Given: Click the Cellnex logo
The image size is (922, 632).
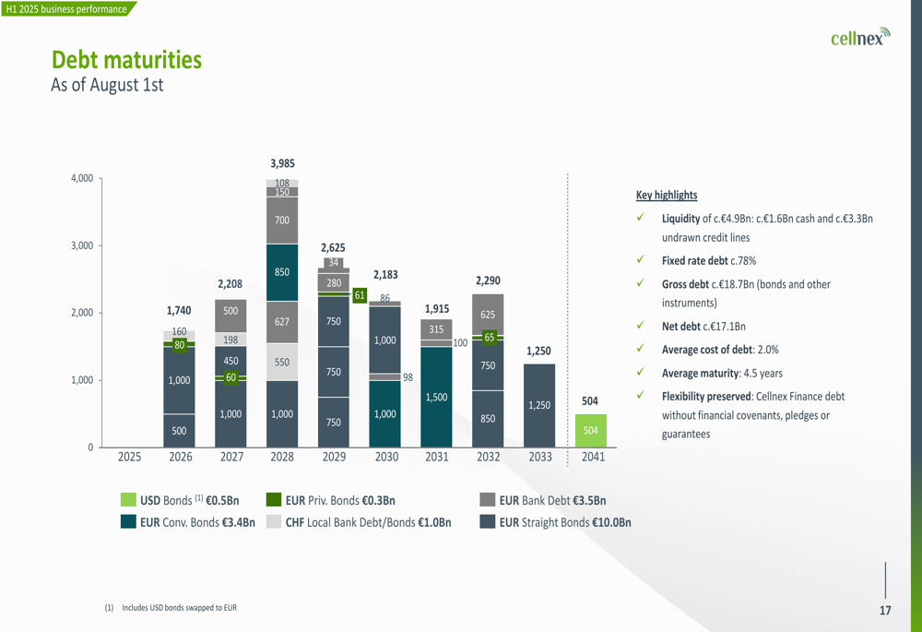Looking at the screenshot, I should (x=859, y=38).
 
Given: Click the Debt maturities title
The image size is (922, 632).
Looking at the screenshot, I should (x=126, y=60).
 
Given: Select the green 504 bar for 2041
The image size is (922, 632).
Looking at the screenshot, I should (x=590, y=431).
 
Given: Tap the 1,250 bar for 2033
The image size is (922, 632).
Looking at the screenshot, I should (x=539, y=405).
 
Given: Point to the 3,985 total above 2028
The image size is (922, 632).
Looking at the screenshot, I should (x=282, y=163).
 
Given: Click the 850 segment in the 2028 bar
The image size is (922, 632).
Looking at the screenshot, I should (x=282, y=272).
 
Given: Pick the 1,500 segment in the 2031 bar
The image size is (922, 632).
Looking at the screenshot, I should (x=436, y=397).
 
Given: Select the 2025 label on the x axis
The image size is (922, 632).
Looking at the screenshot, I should (x=129, y=457).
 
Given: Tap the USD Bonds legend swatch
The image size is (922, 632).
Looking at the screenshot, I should (x=128, y=500).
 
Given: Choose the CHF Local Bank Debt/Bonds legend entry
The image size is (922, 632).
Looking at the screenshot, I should (x=368, y=522).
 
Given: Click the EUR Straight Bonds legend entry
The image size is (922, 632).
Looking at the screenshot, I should (x=564, y=522).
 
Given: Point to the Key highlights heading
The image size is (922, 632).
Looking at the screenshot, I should (x=667, y=196).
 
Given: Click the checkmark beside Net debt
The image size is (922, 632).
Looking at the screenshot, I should (x=639, y=326).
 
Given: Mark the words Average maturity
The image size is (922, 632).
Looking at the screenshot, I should (x=702, y=373).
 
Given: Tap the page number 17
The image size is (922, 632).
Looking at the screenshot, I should (x=885, y=611).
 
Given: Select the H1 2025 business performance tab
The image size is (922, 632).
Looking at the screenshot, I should (x=65, y=9).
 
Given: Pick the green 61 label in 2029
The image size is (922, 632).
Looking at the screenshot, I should (x=360, y=295).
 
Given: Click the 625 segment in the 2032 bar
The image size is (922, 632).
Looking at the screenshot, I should (x=488, y=315).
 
